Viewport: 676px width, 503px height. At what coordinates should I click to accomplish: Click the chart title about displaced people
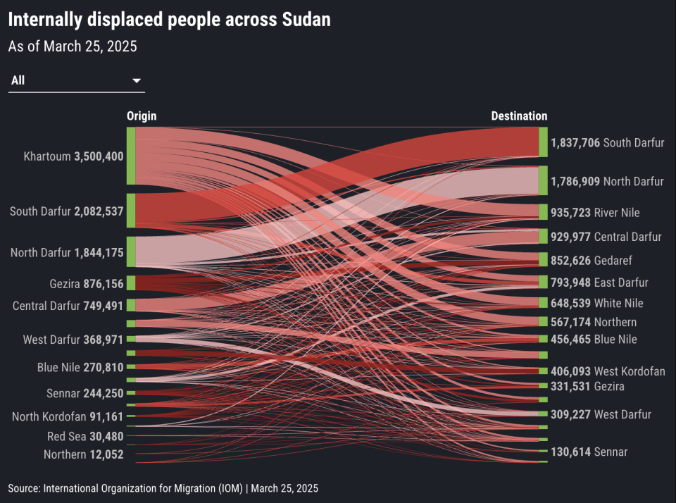[169, 20]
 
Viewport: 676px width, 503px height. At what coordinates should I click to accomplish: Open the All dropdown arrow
[137, 81]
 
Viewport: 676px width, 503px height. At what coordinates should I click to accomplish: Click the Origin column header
[142, 116]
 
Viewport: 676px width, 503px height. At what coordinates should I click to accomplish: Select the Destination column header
[519, 116]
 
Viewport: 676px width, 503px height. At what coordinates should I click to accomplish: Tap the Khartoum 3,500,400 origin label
[73, 156]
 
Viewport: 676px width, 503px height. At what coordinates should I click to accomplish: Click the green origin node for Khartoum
[131, 156]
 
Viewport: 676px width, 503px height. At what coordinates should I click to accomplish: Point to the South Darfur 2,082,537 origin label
[67, 211]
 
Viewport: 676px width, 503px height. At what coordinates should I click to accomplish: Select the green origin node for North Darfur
[131, 252]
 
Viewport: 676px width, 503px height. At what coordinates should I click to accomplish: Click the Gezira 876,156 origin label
[87, 284]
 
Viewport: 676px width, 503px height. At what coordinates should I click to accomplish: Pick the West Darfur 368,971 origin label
[73, 340]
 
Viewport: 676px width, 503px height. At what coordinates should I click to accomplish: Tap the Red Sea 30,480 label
[85, 437]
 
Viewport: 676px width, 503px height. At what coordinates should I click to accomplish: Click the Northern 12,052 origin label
[83, 454]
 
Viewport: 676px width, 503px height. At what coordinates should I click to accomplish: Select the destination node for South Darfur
[543, 142]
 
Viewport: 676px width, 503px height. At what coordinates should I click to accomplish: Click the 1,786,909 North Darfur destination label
[607, 181]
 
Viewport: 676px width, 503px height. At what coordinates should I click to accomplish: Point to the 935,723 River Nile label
[595, 212]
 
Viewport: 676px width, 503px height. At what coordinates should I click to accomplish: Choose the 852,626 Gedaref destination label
[591, 260]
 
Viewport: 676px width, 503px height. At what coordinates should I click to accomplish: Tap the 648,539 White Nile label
[596, 303]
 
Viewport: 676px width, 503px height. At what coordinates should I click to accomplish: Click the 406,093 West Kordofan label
[608, 371]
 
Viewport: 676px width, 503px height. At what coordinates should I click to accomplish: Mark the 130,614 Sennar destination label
[589, 452]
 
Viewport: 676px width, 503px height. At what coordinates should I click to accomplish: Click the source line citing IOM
[163, 488]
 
